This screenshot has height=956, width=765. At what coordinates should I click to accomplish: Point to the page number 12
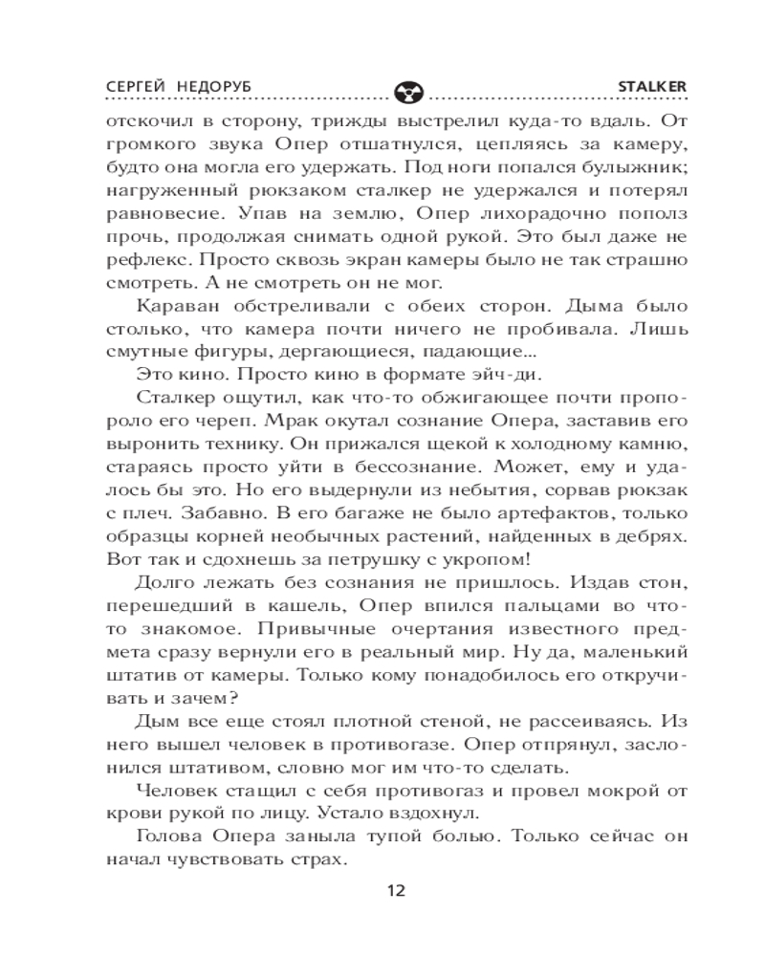coord(396,891)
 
